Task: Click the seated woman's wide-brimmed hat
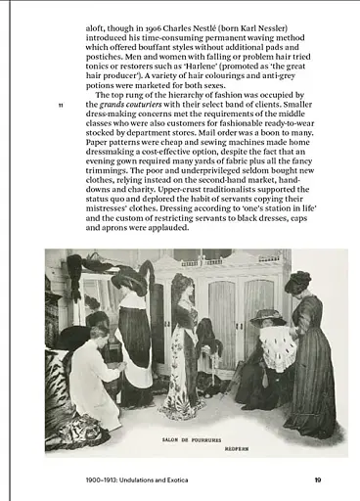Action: [x=266, y=317]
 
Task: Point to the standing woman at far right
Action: [x=310, y=352]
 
